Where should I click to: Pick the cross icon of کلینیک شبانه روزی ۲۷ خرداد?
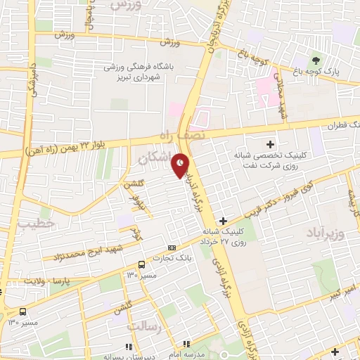(x=223, y=220)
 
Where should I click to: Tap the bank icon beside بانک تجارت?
(x=172, y=248)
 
